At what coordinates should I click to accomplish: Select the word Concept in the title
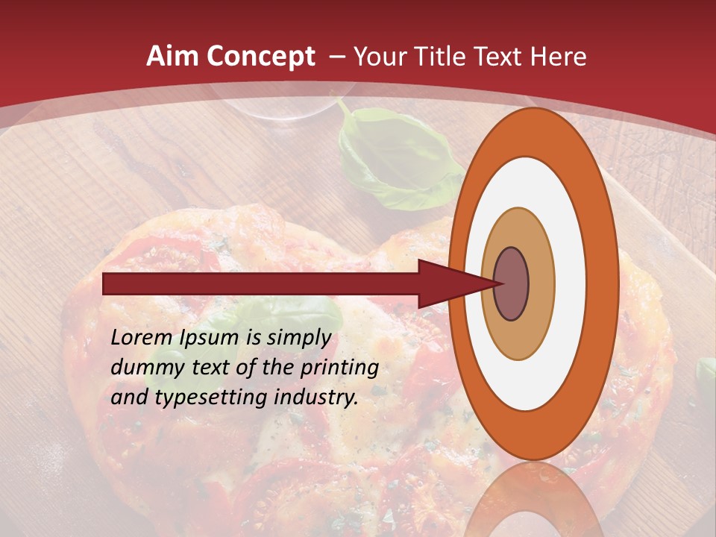click(260, 57)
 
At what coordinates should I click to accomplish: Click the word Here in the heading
click(559, 57)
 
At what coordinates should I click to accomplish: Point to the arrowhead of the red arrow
click(447, 284)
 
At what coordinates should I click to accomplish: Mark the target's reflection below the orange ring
click(534, 500)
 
